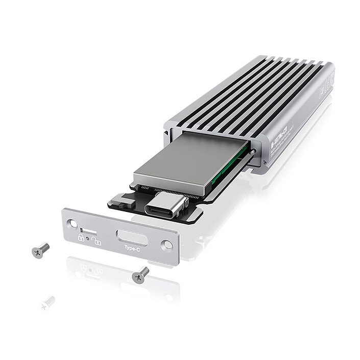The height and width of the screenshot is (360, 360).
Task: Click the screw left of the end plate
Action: (x=40, y=250)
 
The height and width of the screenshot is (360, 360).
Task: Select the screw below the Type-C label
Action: (x=140, y=275)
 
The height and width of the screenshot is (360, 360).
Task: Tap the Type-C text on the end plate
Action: (x=131, y=248)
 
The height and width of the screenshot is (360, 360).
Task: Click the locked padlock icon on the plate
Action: (x=81, y=237)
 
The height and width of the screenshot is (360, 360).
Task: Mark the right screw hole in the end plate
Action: (x=166, y=245)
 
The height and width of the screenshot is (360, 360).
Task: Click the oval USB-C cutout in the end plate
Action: (x=132, y=237)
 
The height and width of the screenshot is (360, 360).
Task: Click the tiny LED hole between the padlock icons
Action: (x=89, y=238)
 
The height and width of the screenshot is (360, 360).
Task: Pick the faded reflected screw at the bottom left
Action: (x=47, y=302)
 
